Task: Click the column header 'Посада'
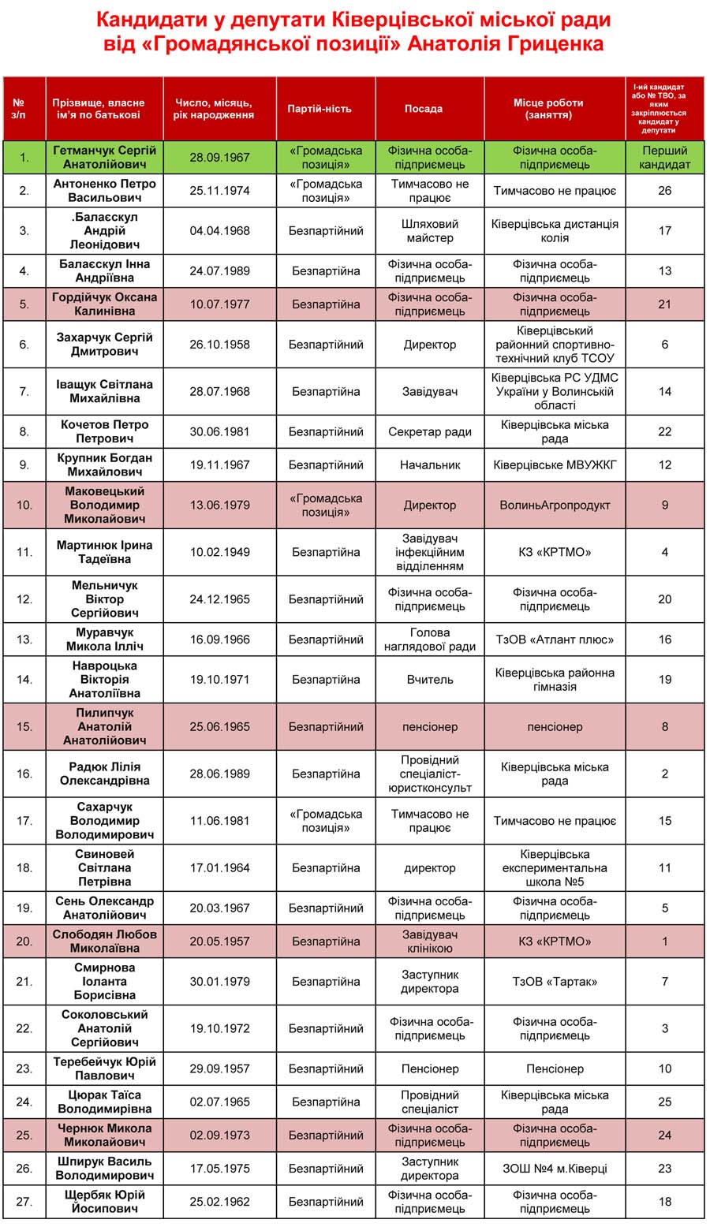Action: point(424,109)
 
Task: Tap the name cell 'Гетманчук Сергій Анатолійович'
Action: point(105,157)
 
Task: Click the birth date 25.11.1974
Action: point(219,191)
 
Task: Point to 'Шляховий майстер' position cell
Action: point(430,230)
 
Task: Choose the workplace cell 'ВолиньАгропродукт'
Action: point(555,505)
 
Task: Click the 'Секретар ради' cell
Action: point(430,431)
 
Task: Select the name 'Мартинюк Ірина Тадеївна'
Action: point(105,552)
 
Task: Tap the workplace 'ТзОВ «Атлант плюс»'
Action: point(555,640)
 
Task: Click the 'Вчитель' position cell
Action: point(430,679)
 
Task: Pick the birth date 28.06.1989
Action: point(219,774)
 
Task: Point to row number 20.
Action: point(24,942)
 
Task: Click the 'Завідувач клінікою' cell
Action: point(430,942)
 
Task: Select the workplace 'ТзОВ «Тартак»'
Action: point(555,982)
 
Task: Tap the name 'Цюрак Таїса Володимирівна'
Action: point(105,1102)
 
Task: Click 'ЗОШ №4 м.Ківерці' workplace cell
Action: point(555,1169)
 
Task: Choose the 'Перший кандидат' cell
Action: point(665,157)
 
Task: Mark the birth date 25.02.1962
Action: point(219,1202)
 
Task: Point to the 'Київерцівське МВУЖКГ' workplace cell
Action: point(555,464)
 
